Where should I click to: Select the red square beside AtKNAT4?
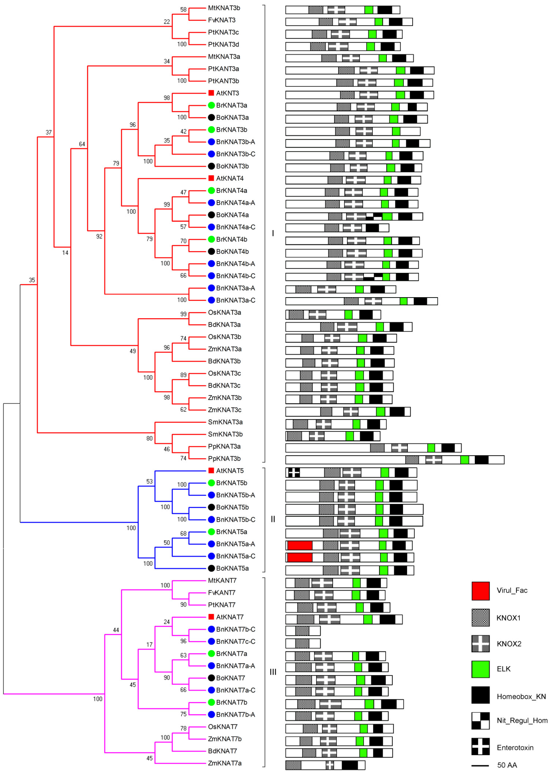click(x=211, y=178)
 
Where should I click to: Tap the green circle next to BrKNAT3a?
click(x=211, y=105)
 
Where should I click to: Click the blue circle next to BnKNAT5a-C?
click(x=211, y=556)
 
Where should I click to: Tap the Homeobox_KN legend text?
click(x=521, y=697)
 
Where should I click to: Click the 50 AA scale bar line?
click(x=480, y=766)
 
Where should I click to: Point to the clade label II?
click(x=273, y=519)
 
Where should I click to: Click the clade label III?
click(x=273, y=672)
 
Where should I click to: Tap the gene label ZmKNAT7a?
click(x=225, y=763)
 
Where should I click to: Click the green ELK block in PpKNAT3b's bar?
click(x=464, y=460)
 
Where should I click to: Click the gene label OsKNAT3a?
click(x=224, y=312)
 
